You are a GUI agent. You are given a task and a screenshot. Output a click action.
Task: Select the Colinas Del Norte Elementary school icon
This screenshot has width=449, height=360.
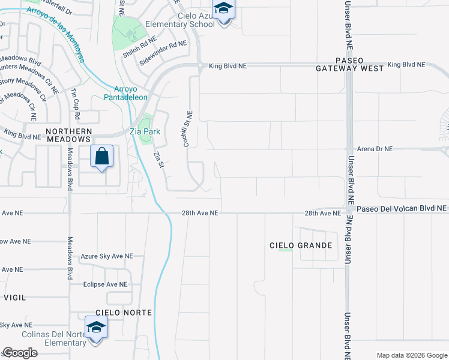[x=96, y=329]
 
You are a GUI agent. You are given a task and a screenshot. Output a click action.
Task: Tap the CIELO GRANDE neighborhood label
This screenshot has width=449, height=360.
[x=301, y=245]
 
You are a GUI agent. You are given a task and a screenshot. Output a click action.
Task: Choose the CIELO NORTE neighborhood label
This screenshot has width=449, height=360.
[x=123, y=313]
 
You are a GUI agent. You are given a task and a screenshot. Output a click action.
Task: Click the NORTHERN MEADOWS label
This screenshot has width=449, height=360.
[x=68, y=136]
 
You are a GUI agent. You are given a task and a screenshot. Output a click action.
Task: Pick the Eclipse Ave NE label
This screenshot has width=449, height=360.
[x=106, y=284]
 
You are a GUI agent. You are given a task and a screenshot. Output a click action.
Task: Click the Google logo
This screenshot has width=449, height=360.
[x=20, y=353]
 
